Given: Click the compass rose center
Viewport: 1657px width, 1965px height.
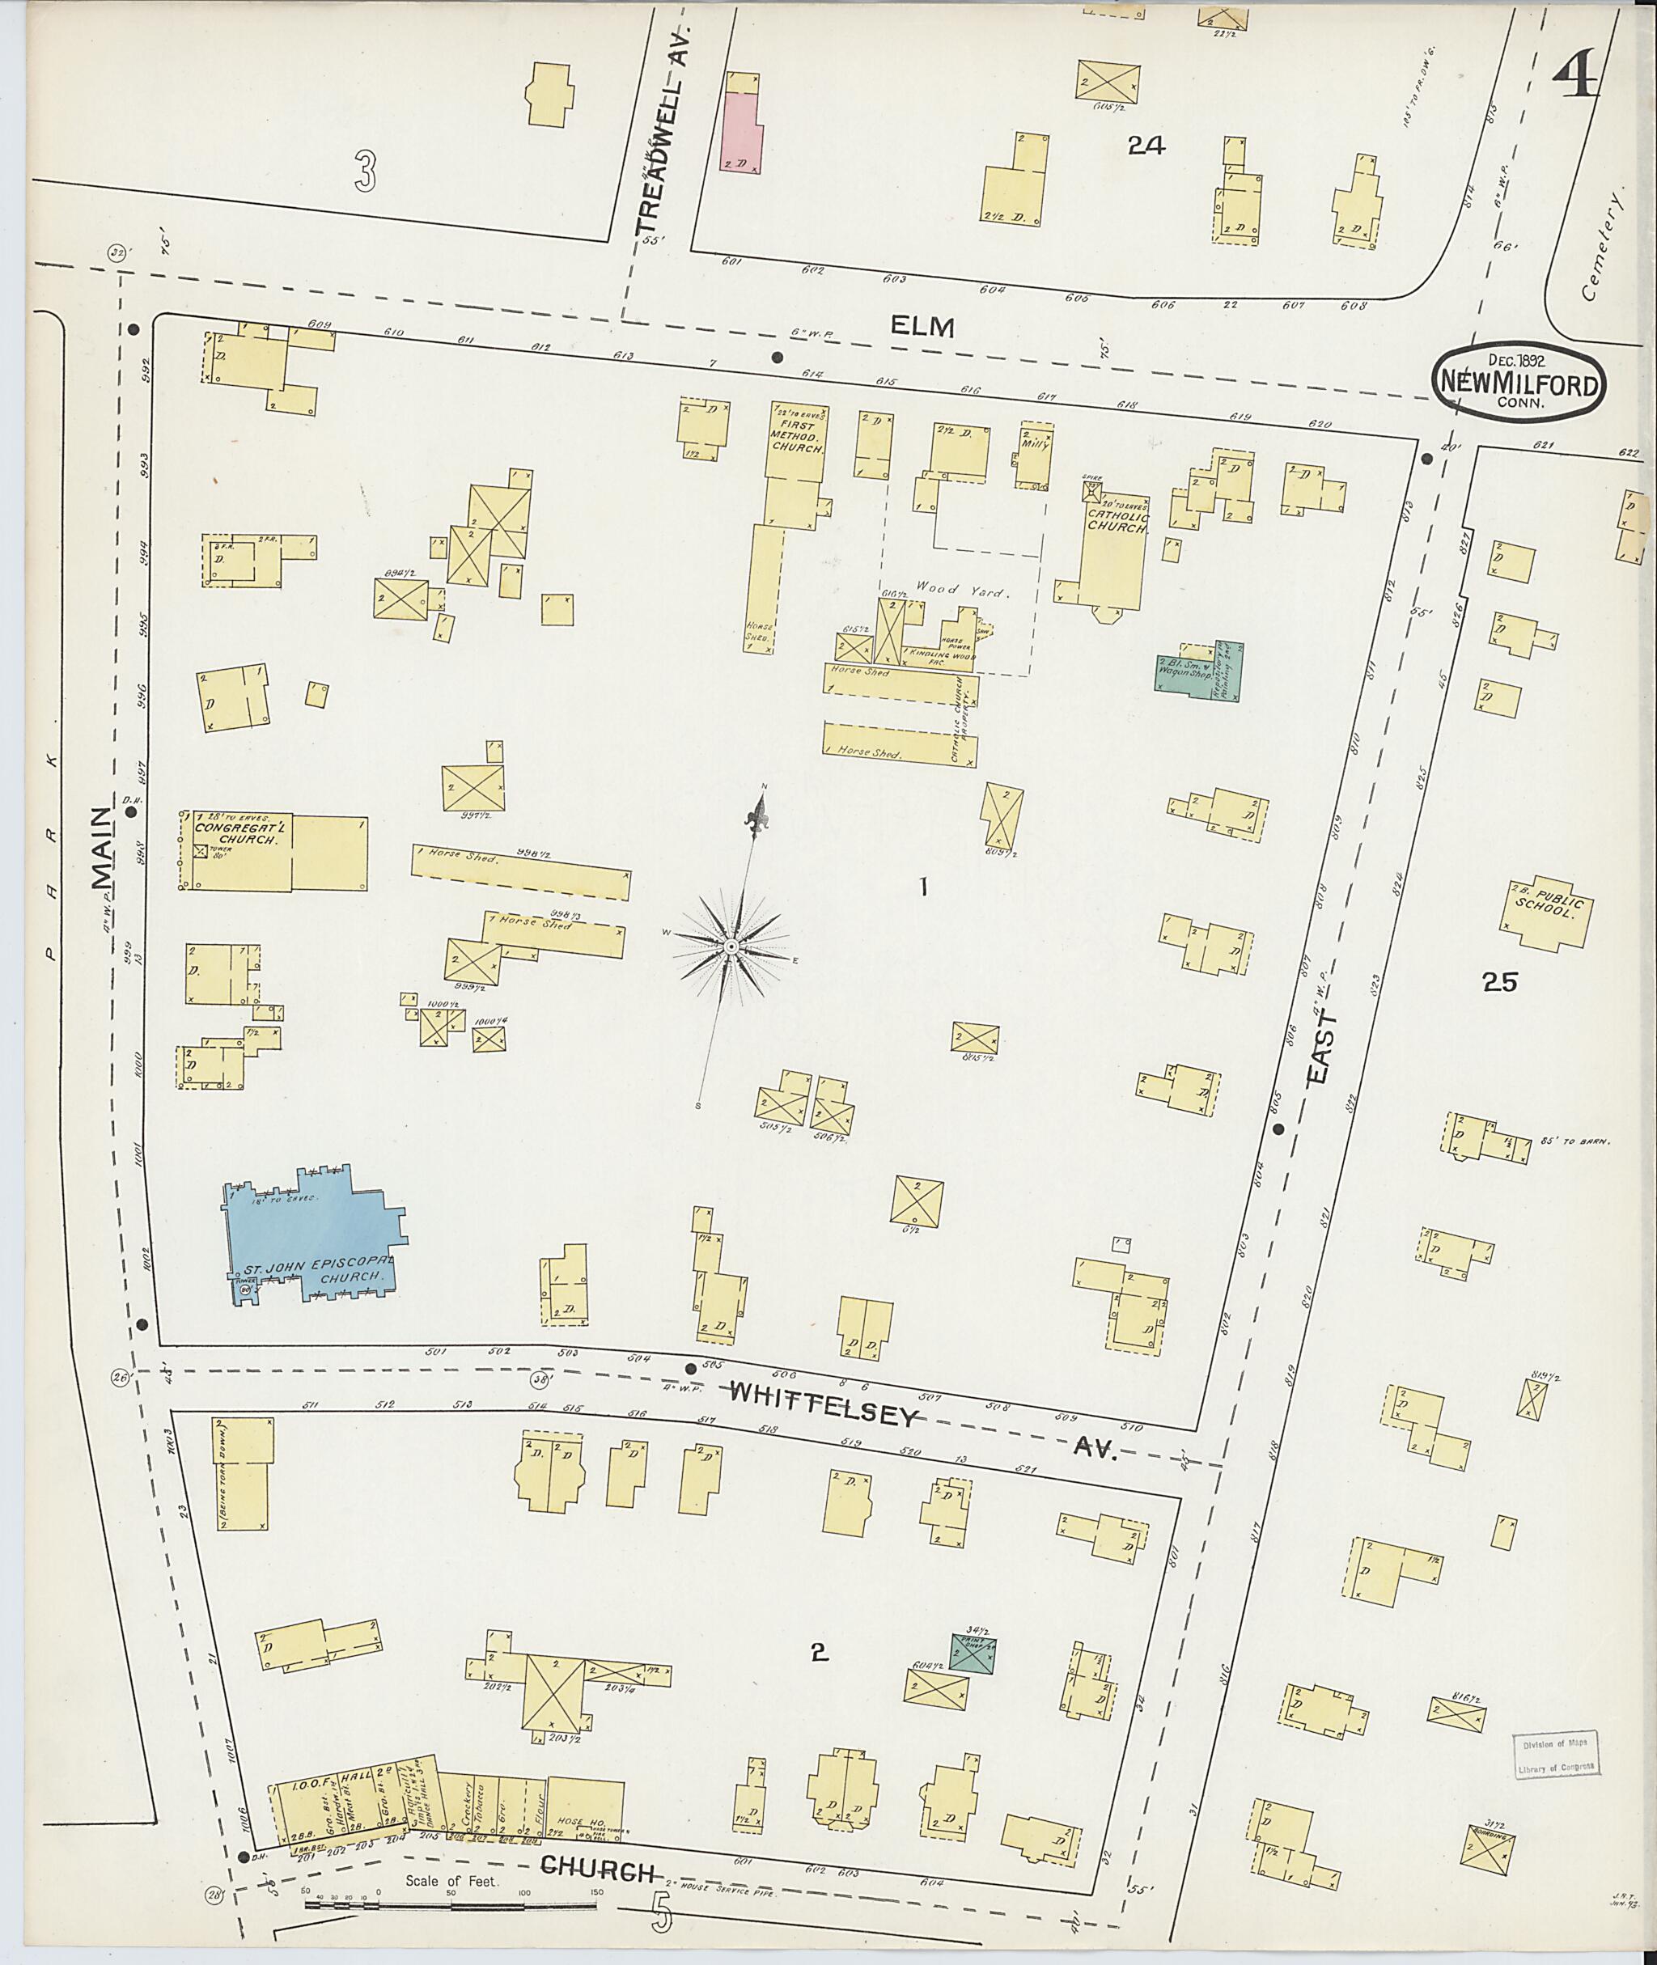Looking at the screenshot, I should point(730,946).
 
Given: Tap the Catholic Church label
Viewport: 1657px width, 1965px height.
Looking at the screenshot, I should point(1117,520).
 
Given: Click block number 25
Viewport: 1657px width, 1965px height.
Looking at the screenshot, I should point(1499,982).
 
